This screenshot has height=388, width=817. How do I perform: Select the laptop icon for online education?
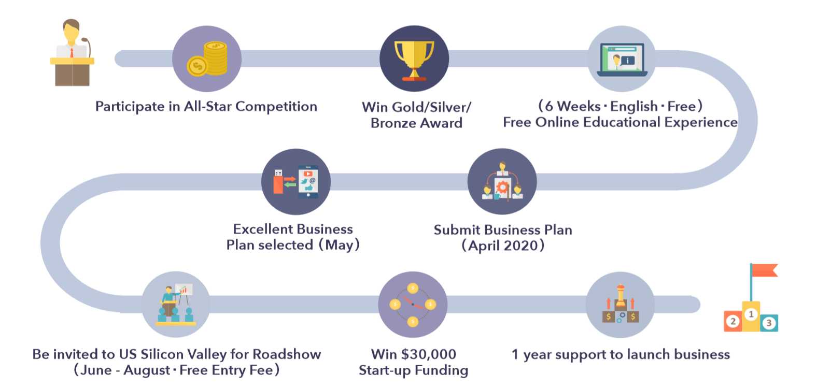622,60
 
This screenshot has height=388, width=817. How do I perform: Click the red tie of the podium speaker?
72,52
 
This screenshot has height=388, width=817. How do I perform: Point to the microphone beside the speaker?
87,47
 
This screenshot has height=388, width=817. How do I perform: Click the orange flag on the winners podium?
765,270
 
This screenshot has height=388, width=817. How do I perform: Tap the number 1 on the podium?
751,314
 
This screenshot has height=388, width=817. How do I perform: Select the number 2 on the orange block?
733,321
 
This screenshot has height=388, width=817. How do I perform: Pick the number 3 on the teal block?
769,323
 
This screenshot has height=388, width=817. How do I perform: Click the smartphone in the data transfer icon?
308,182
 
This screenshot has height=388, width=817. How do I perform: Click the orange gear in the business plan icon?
502,187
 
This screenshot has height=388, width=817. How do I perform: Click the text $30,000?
429,354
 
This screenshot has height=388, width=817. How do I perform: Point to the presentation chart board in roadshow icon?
184,290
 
